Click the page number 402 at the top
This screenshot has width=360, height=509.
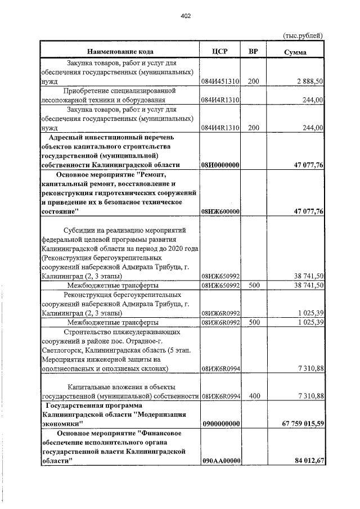click(x=186, y=16)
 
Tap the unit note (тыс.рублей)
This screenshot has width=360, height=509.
click(x=302, y=36)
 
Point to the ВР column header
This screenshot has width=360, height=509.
click(x=253, y=52)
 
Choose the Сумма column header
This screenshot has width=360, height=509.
click(x=295, y=52)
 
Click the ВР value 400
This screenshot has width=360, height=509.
click(x=253, y=396)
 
